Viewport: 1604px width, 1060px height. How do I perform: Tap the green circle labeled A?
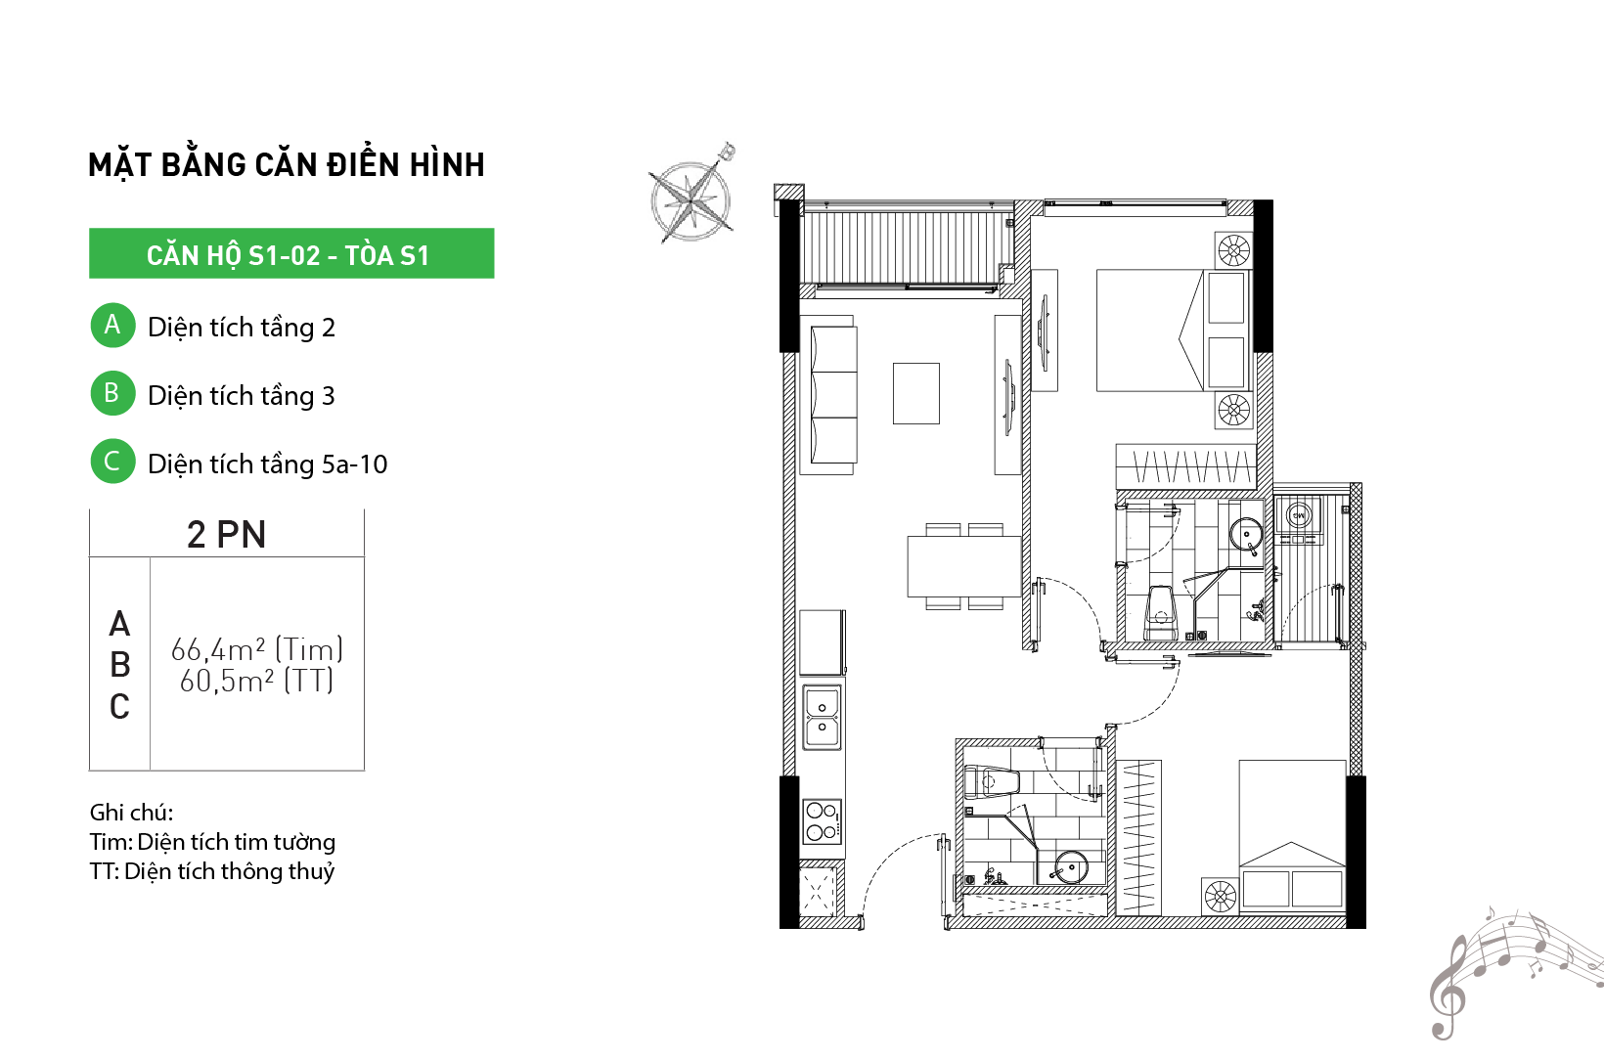112,325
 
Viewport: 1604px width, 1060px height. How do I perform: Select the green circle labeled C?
112,461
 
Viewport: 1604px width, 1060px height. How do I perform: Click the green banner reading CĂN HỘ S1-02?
291,253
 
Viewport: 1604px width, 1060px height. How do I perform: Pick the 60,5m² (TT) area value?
256,681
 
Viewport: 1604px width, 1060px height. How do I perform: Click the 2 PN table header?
226,534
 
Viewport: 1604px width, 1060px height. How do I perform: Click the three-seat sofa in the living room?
833,395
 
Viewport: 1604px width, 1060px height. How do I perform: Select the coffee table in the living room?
915,394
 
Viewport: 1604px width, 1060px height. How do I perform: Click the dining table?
963,566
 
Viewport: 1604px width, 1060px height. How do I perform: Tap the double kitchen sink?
822,717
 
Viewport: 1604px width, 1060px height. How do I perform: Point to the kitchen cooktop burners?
822,821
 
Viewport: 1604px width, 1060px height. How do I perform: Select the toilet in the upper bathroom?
1161,613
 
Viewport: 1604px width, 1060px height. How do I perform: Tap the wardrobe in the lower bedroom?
1138,837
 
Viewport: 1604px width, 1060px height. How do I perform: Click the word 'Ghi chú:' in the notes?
131,813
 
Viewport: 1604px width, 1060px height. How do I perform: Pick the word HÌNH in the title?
447,164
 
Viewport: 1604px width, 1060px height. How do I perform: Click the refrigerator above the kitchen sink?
823,642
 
